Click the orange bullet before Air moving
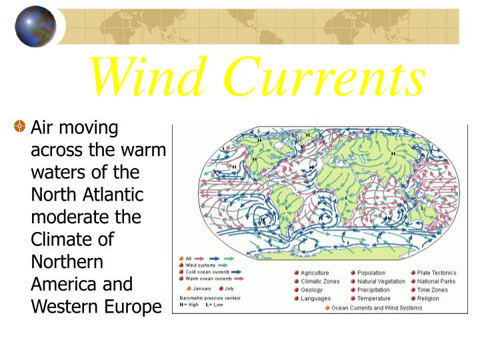tap(21, 127)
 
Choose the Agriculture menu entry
tap(315, 273)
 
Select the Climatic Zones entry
tap(320, 281)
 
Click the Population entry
tap(371, 273)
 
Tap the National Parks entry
tap(437, 281)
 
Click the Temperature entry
tap(373, 299)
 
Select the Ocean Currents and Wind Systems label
tap(373, 308)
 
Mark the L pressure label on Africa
tap(347, 198)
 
